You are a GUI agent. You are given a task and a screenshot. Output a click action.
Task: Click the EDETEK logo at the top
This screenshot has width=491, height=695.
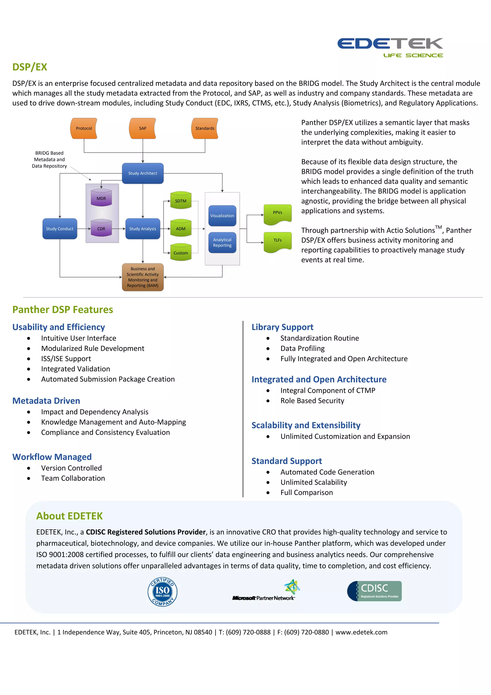(x=390, y=47)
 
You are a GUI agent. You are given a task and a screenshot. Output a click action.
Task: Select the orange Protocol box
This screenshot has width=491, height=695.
(x=84, y=128)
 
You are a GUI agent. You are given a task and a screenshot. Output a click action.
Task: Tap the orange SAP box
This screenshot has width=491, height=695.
(x=142, y=128)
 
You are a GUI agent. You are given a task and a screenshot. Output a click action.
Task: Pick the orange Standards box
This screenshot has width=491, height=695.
(x=205, y=128)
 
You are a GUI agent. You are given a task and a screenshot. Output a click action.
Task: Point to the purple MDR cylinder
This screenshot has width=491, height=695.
(x=101, y=198)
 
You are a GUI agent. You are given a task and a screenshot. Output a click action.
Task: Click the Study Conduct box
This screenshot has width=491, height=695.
(x=60, y=229)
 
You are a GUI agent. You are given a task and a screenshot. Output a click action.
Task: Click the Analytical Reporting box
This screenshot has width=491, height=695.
(x=222, y=243)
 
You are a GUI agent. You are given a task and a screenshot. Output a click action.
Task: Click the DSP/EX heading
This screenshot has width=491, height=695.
(x=30, y=67)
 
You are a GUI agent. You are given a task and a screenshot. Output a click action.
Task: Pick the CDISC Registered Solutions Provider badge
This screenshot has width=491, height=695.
(x=374, y=591)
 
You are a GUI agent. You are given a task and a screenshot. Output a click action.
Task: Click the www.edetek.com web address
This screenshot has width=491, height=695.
(x=361, y=632)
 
